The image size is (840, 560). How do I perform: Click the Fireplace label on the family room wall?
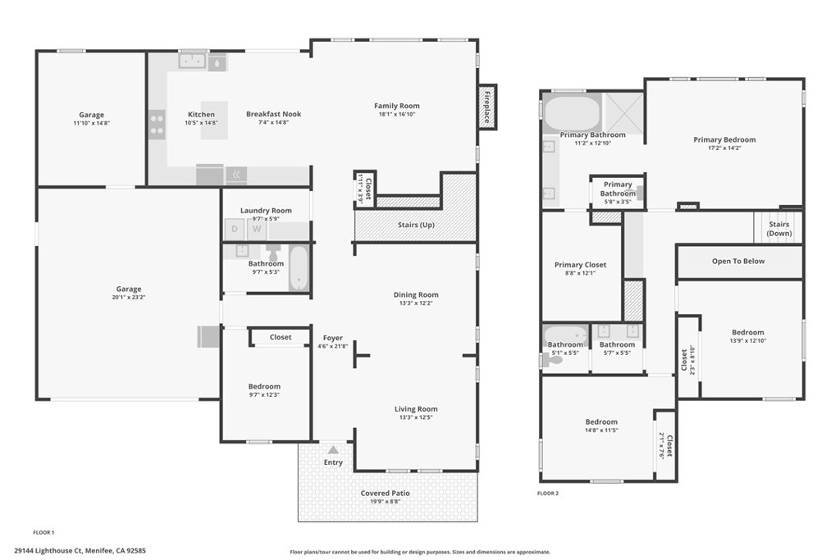[x=486, y=107]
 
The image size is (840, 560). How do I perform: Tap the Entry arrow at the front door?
[x=333, y=450]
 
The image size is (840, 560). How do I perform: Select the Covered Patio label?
[x=385, y=493]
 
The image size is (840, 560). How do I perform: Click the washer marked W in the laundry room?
[x=257, y=229]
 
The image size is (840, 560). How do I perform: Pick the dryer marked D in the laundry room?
[x=235, y=229]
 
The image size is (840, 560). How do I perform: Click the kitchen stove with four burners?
[x=156, y=124]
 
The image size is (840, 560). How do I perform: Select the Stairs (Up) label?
[x=415, y=225]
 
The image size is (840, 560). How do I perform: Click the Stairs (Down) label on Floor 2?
[x=778, y=229]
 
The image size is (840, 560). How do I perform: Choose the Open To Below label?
[x=737, y=262]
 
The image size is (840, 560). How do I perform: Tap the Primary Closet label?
[x=580, y=265]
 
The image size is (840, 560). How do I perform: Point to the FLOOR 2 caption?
[x=547, y=494]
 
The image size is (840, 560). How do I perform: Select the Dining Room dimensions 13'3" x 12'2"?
[x=416, y=303]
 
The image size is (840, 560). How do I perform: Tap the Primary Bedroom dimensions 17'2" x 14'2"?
[x=724, y=148]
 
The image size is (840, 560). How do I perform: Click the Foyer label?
[x=332, y=338]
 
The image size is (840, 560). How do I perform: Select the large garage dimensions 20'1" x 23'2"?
[x=128, y=298]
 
